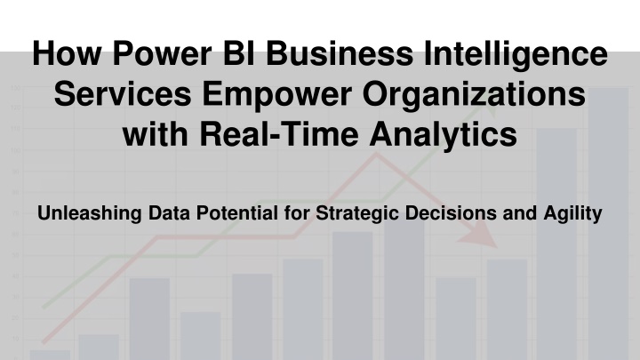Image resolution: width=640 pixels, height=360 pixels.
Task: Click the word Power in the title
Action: [163, 53]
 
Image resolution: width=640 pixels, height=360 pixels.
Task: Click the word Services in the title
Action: [123, 94]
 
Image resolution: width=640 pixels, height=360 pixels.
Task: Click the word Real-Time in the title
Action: [279, 134]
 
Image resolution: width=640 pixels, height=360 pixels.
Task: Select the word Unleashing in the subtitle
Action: [90, 213]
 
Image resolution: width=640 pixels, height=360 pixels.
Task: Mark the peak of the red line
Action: [376, 155]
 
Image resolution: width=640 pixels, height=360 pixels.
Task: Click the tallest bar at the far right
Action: [608, 224]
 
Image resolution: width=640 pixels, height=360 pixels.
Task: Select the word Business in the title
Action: [340, 53]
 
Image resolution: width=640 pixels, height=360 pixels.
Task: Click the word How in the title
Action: [66, 53]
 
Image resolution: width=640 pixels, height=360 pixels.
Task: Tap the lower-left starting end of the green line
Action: [44, 307]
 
